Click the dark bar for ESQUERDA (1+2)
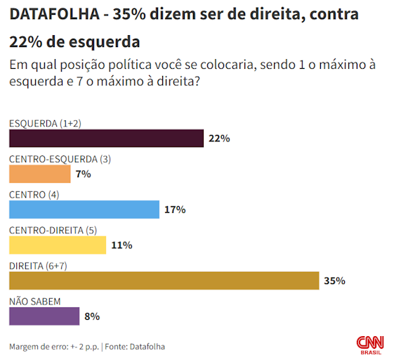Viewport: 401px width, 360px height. [x=106, y=139]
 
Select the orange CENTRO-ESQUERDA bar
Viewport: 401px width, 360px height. [x=40, y=174]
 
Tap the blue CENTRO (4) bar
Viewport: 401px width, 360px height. [x=84, y=210]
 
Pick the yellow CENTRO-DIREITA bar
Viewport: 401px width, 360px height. [x=58, y=245]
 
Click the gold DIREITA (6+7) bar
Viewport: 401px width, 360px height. [x=164, y=281]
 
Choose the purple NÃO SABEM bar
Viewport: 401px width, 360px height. [x=44, y=316]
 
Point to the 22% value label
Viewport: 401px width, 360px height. [x=219, y=139]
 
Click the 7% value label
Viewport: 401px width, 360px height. [x=84, y=174]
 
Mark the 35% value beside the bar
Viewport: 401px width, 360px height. [x=334, y=281]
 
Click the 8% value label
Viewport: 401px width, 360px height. [x=92, y=316]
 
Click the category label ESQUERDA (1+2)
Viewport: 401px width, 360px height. [x=45, y=123]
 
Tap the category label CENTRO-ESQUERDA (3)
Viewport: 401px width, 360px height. [x=60, y=159]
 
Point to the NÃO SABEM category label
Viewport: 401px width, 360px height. [x=34, y=301]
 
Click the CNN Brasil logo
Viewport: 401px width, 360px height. [x=371, y=344]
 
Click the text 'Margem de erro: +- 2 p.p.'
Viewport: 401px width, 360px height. [x=53, y=347]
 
